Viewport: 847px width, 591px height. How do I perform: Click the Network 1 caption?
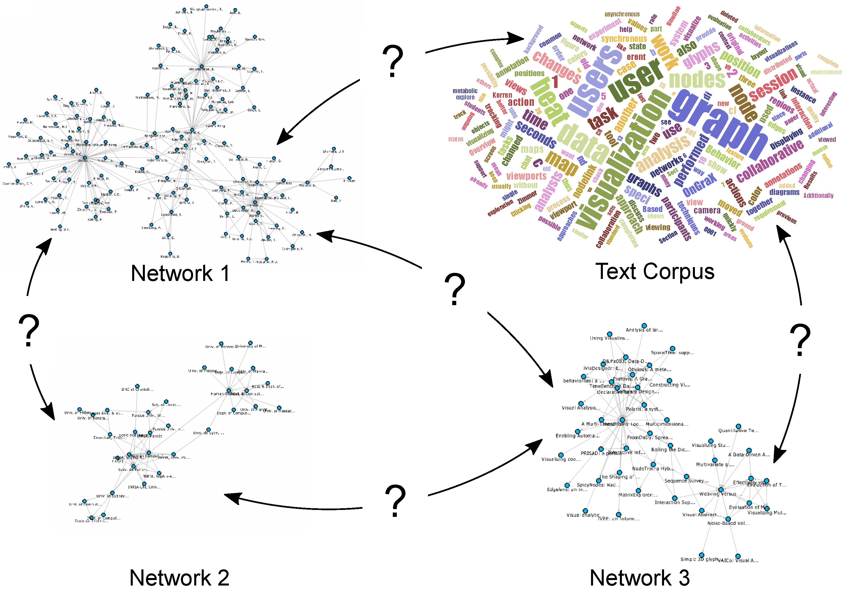click(180, 273)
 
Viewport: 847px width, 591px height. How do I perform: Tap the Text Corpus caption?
click(655, 272)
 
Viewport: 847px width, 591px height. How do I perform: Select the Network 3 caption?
click(639, 577)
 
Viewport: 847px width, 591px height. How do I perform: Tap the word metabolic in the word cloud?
click(465, 91)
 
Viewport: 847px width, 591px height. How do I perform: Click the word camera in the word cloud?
click(707, 211)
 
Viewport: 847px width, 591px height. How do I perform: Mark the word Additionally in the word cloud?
click(818, 195)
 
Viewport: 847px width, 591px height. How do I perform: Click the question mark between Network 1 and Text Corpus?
click(393, 61)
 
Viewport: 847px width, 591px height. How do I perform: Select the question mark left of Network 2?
click(29, 330)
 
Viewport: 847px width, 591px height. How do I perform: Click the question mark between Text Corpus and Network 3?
click(800, 339)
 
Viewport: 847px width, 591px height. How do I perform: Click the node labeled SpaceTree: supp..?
click(672, 348)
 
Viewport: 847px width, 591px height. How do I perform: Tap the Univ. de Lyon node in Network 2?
click(208, 430)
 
